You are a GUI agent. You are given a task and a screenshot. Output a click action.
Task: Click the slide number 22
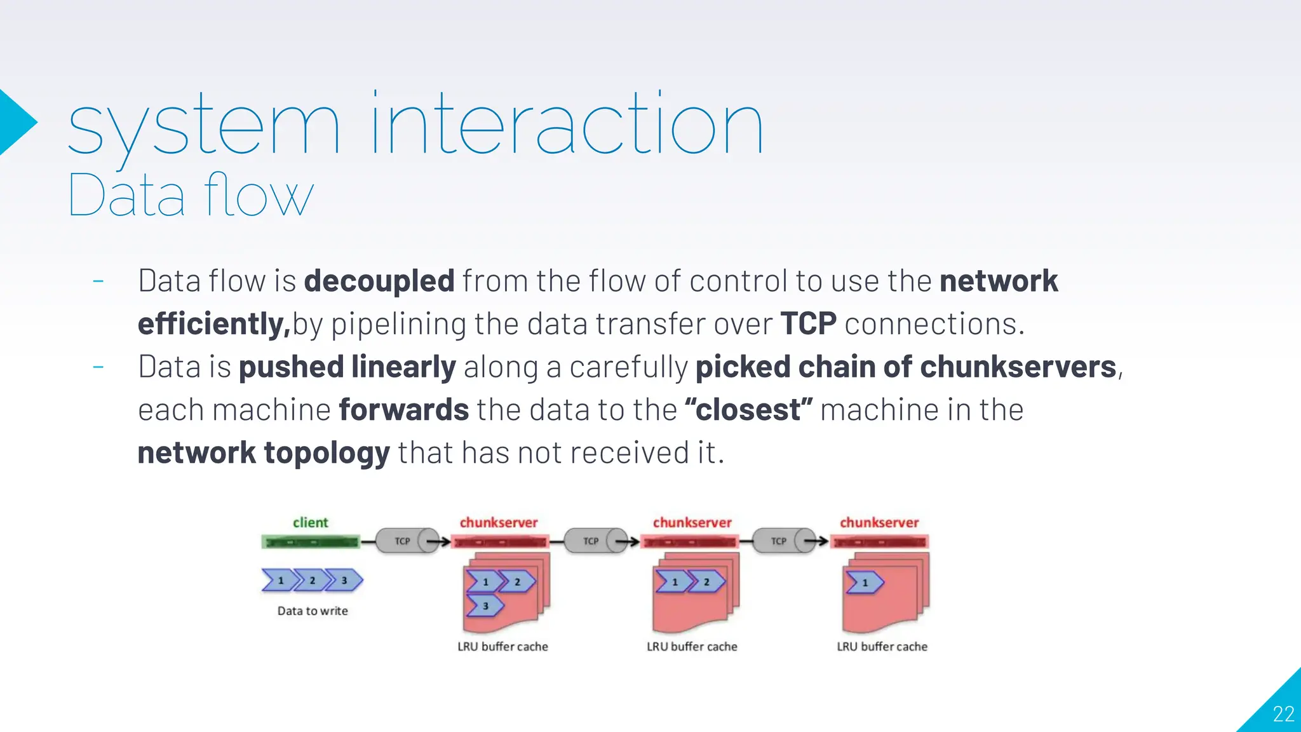coord(1283,714)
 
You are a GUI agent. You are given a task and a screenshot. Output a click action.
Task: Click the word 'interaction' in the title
coord(567,124)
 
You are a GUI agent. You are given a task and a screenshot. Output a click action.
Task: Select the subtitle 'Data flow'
coord(191,195)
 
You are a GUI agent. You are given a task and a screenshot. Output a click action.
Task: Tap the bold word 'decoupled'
coord(379,281)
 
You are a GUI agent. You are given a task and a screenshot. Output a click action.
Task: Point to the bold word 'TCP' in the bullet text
coord(808,323)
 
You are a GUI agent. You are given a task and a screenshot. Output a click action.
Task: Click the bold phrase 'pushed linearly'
coord(347,367)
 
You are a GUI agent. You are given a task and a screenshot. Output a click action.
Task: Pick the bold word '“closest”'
coord(748,410)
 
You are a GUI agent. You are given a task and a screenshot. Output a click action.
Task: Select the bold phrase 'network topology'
coord(264,452)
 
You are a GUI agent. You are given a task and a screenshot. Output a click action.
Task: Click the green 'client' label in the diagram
coord(310,522)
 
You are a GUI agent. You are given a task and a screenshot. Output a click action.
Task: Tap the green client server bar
coord(311,542)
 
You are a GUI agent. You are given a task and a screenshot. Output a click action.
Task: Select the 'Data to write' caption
coord(313,611)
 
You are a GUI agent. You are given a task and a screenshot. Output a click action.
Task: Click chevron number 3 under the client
coord(345,580)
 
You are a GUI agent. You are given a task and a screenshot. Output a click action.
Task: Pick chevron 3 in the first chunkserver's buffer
coord(485,606)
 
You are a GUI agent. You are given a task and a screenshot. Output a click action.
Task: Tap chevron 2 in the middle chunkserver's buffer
coord(707,581)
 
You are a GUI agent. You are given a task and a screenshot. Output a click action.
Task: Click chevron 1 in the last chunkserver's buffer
coord(865,582)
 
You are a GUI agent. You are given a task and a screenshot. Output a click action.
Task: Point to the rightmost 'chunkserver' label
coord(879,522)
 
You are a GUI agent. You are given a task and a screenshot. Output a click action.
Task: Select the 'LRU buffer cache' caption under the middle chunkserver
coord(692,646)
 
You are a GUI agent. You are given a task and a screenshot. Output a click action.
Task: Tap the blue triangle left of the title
coord(16,122)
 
